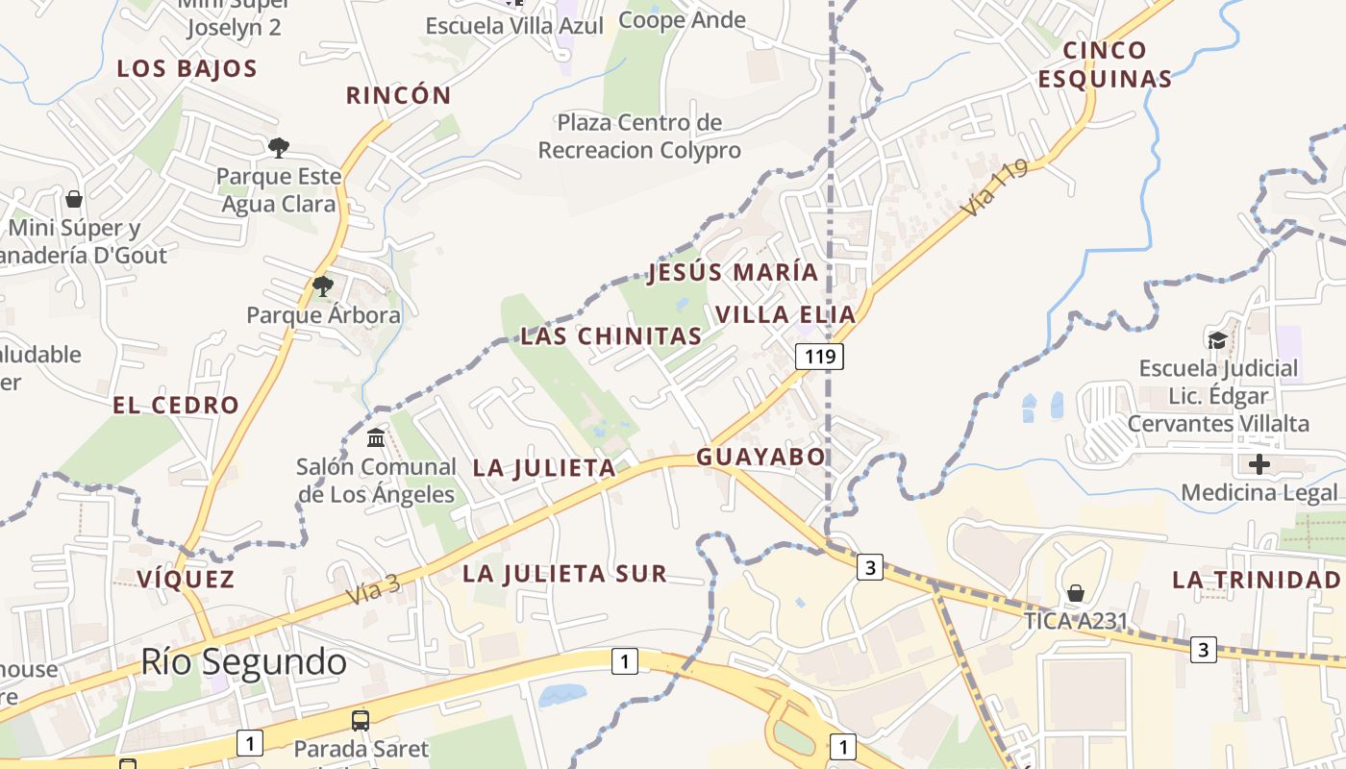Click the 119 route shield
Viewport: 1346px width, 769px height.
[819, 357]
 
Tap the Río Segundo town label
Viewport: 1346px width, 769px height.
[243, 661]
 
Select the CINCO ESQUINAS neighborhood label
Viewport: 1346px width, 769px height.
[1106, 64]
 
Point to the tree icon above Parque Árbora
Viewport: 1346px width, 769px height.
[323, 285]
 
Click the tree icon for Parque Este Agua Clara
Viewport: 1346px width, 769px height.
[279, 147]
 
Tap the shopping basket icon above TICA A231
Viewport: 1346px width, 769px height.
[1076, 592]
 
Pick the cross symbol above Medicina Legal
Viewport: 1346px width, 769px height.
[1259, 464]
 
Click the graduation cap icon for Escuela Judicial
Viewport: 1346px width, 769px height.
[1218, 339]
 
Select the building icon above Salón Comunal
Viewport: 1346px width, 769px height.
[376, 438]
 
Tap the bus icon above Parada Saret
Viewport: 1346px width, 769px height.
[361, 720]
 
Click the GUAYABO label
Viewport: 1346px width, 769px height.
[761, 457]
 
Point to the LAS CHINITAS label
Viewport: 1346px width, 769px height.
[611, 336]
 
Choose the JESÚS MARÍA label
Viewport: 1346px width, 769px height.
[734, 272]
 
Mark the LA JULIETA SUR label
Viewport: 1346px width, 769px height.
[564, 574]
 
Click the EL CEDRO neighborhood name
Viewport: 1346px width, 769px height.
[176, 405]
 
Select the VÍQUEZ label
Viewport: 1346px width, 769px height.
[186, 579]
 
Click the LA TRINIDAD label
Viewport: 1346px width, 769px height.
[1256, 580]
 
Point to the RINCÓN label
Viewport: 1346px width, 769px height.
[398, 95]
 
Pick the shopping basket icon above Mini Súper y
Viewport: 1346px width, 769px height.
[74, 199]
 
